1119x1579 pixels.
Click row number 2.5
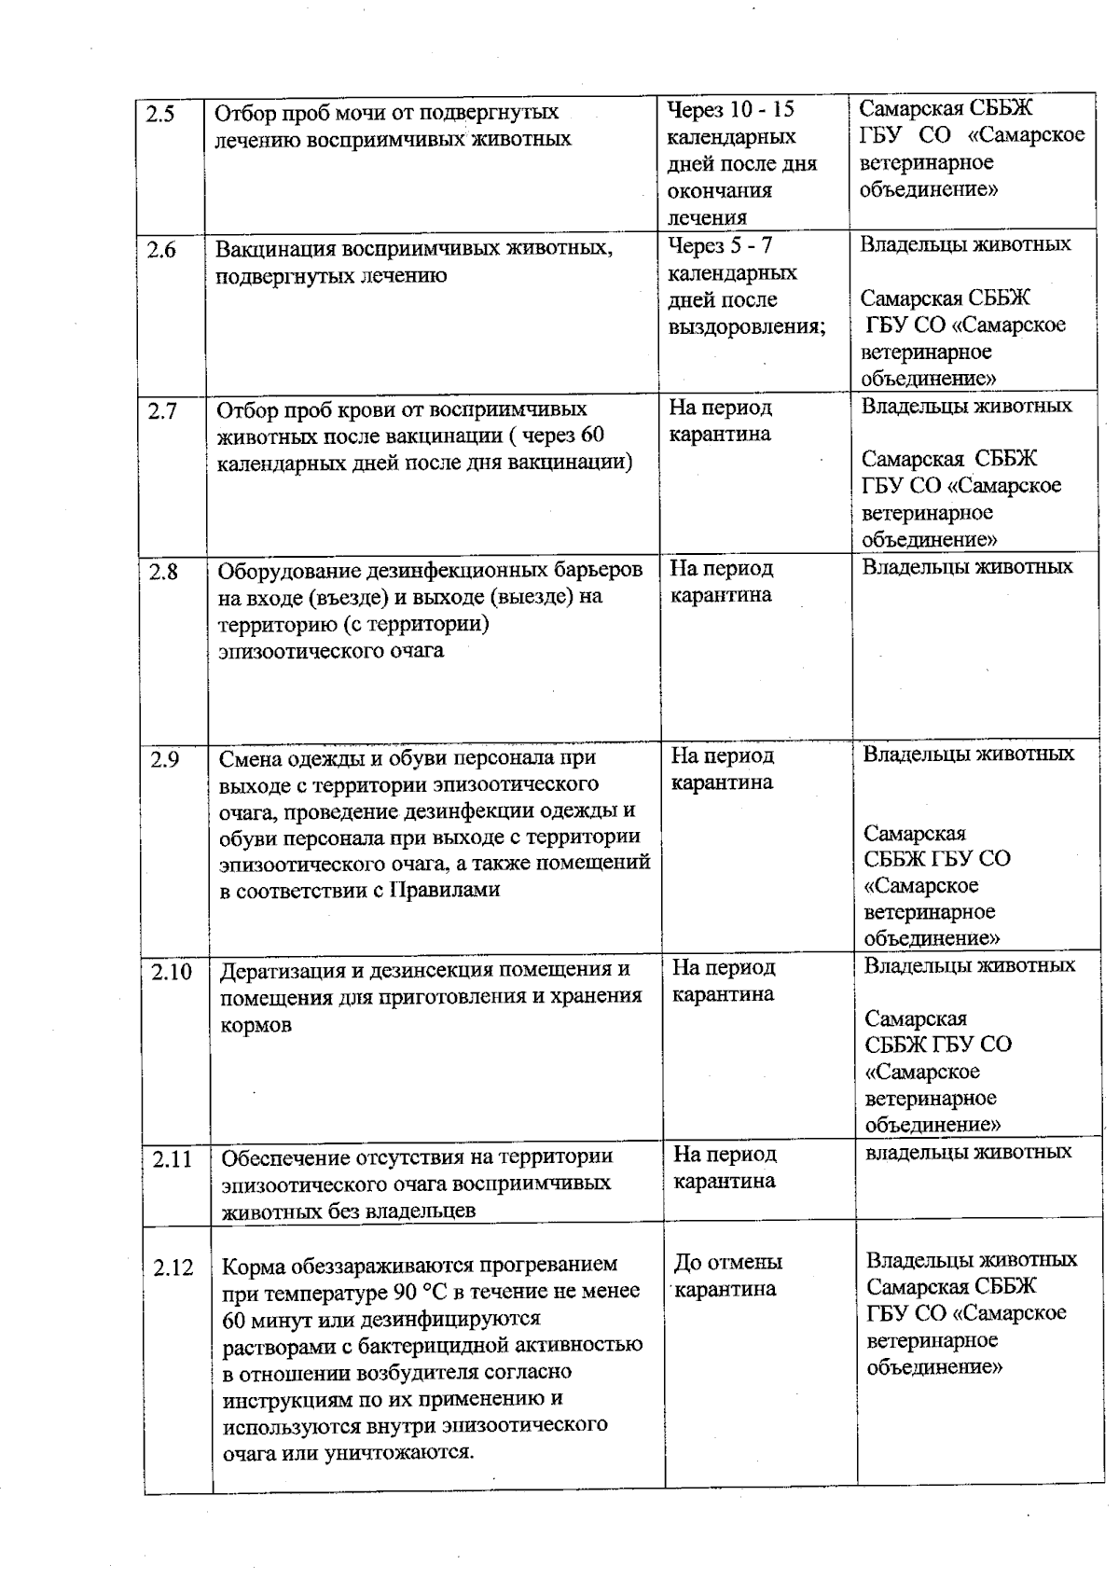click(160, 115)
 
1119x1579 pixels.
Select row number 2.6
click(161, 250)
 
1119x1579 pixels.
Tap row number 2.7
click(162, 410)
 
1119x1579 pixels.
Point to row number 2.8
click(163, 572)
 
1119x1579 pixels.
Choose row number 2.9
click(165, 759)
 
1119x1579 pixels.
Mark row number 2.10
click(172, 972)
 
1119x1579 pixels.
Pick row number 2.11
click(173, 1159)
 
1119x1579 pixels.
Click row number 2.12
click(173, 1267)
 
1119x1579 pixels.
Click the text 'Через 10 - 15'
click(731, 110)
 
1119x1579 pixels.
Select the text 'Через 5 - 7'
click(720, 246)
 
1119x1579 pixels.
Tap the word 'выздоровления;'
click(747, 327)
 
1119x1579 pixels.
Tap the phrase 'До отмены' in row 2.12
click(727, 1263)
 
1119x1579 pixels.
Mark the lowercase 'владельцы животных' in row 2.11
click(969, 1152)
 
